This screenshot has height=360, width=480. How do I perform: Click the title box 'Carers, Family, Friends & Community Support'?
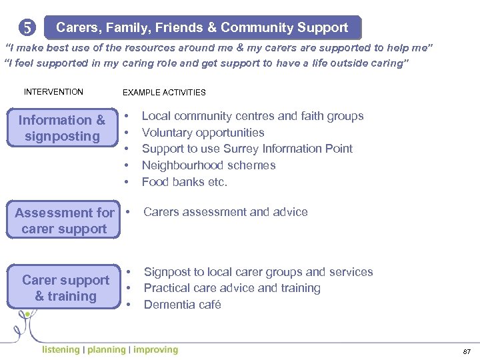click(202, 28)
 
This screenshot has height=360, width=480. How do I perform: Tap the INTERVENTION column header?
click(53, 92)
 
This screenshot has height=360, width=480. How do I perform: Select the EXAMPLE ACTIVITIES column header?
click(164, 93)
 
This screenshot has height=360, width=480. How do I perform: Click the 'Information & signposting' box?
click(62, 128)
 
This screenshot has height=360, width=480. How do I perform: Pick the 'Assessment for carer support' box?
click(64, 221)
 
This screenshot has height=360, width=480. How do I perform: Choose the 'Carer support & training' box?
click(65, 288)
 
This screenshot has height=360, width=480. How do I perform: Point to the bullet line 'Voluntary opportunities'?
click(203, 133)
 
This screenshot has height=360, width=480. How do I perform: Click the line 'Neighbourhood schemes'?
click(209, 165)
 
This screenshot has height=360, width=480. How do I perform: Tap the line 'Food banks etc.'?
click(185, 181)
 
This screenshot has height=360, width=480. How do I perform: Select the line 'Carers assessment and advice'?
click(225, 212)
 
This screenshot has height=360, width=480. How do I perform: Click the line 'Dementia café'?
click(182, 305)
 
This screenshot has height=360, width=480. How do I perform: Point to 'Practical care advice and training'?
click(232, 288)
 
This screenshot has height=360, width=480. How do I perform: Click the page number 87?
click(466, 351)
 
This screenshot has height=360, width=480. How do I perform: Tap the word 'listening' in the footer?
click(61, 349)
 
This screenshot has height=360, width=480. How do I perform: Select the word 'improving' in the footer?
click(155, 349)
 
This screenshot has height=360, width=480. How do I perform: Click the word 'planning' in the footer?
click(107, 349)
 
